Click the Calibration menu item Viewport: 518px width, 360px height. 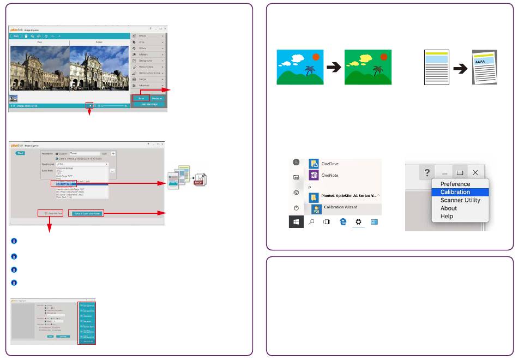pyautogui.click(x=455, y=192)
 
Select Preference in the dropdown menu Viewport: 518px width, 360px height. pyautogui.click(x=455, y=184)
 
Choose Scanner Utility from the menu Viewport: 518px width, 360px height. pyautogui.click(x=460, y=200)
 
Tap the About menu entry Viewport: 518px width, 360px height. pyautogui.click(x=449, y=208)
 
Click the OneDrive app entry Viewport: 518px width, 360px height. pyautogui.click(x=332, y=163)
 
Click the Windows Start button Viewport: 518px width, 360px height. pyautogui.click(x=296, y=222)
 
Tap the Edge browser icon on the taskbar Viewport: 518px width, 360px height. pyautogui.click(x=343, y=222)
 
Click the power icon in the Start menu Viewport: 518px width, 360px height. pyautogui.click(x=296, y=208)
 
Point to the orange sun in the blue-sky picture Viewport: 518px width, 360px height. pyautogui.click(x=316, y=56)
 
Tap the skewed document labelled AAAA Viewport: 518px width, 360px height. pyautogui.click(x=485, y=67)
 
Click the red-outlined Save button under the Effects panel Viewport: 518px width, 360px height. pyautogui.click(x=141, y=98)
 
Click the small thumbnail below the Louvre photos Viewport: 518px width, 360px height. pyautogui.click(x=13, y=98)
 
